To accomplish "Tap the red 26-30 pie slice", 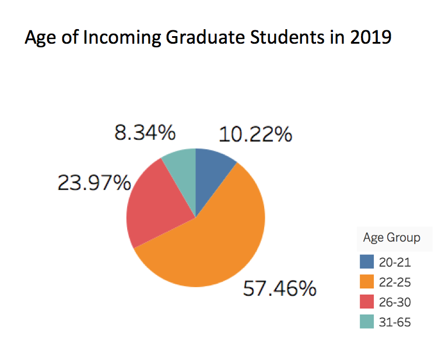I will [154, 204].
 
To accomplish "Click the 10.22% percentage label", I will [255, 135].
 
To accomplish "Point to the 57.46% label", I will [280, 288].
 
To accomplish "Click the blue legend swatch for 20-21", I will [367, 262].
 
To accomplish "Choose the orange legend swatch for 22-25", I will [367, 282].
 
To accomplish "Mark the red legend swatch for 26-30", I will [367, 302].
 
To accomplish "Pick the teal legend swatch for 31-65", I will [367, 322].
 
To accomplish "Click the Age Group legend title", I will [391, 238].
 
